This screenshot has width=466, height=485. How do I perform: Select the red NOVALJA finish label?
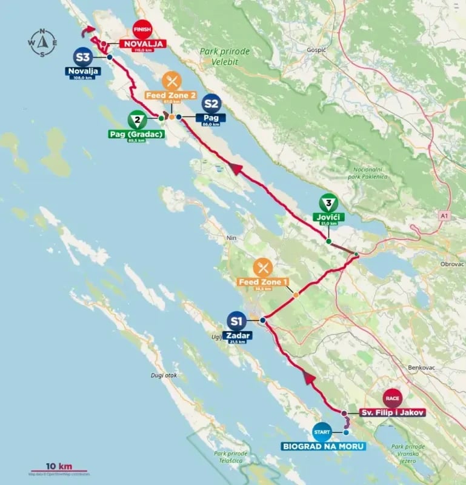click(x=143, y=44)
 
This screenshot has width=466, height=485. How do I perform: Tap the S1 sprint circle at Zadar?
click(x=236, y=321)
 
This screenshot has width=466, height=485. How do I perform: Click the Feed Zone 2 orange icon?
click(x=171, y=81)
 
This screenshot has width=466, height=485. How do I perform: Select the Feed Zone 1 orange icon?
click(x=263, y=267)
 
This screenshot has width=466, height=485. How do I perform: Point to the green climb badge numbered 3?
click(x=328, y=202)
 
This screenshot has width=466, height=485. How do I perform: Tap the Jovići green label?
click(x=328, y=216)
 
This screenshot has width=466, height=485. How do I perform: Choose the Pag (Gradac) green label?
click(x=136, y=134)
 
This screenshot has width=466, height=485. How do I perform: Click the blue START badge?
click(x=322, y=432)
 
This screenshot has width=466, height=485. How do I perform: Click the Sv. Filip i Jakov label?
click(x=391, y=412)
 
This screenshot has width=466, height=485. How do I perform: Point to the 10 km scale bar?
click(x=59, y=470)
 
